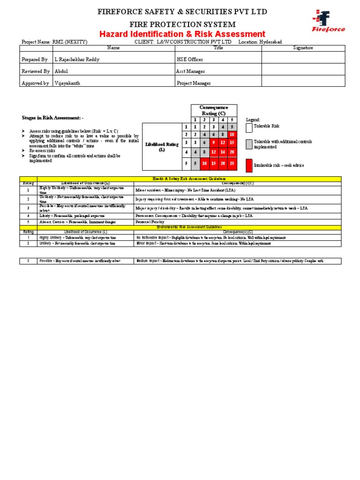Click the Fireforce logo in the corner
click(328, 21)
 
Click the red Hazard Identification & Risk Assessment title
click(182, 34)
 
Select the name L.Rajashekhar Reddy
click(77, 60)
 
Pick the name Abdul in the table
click(61, 71)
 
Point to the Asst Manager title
click(190, 71)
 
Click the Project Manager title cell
click(194, 83)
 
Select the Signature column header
click(303, 48)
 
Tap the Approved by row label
click(35, 83)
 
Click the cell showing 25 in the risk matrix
click(232, 163)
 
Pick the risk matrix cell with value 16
click(223, 152)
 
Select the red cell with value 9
click(213, 142)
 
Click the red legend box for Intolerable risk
click(249, 165)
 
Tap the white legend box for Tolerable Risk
click(249, 127)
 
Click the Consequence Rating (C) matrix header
click(213, 111)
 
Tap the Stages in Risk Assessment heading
click(53, 118)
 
